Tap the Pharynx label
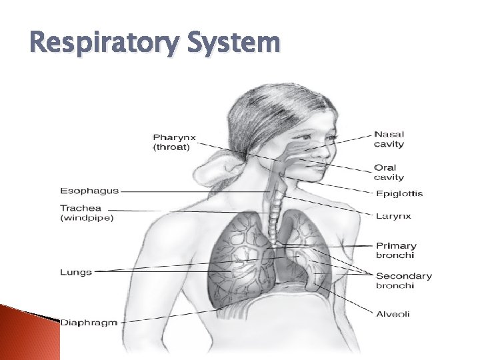(x=175, y=137)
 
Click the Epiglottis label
(x=398, y=193)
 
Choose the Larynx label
(x=393, y=215)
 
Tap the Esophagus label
(x=89, y=191)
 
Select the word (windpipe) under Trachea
(x=87, y=218)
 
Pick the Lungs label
(x=75, y=272)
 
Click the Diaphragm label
(x=89, y=323)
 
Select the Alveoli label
(x=392, y=314)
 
